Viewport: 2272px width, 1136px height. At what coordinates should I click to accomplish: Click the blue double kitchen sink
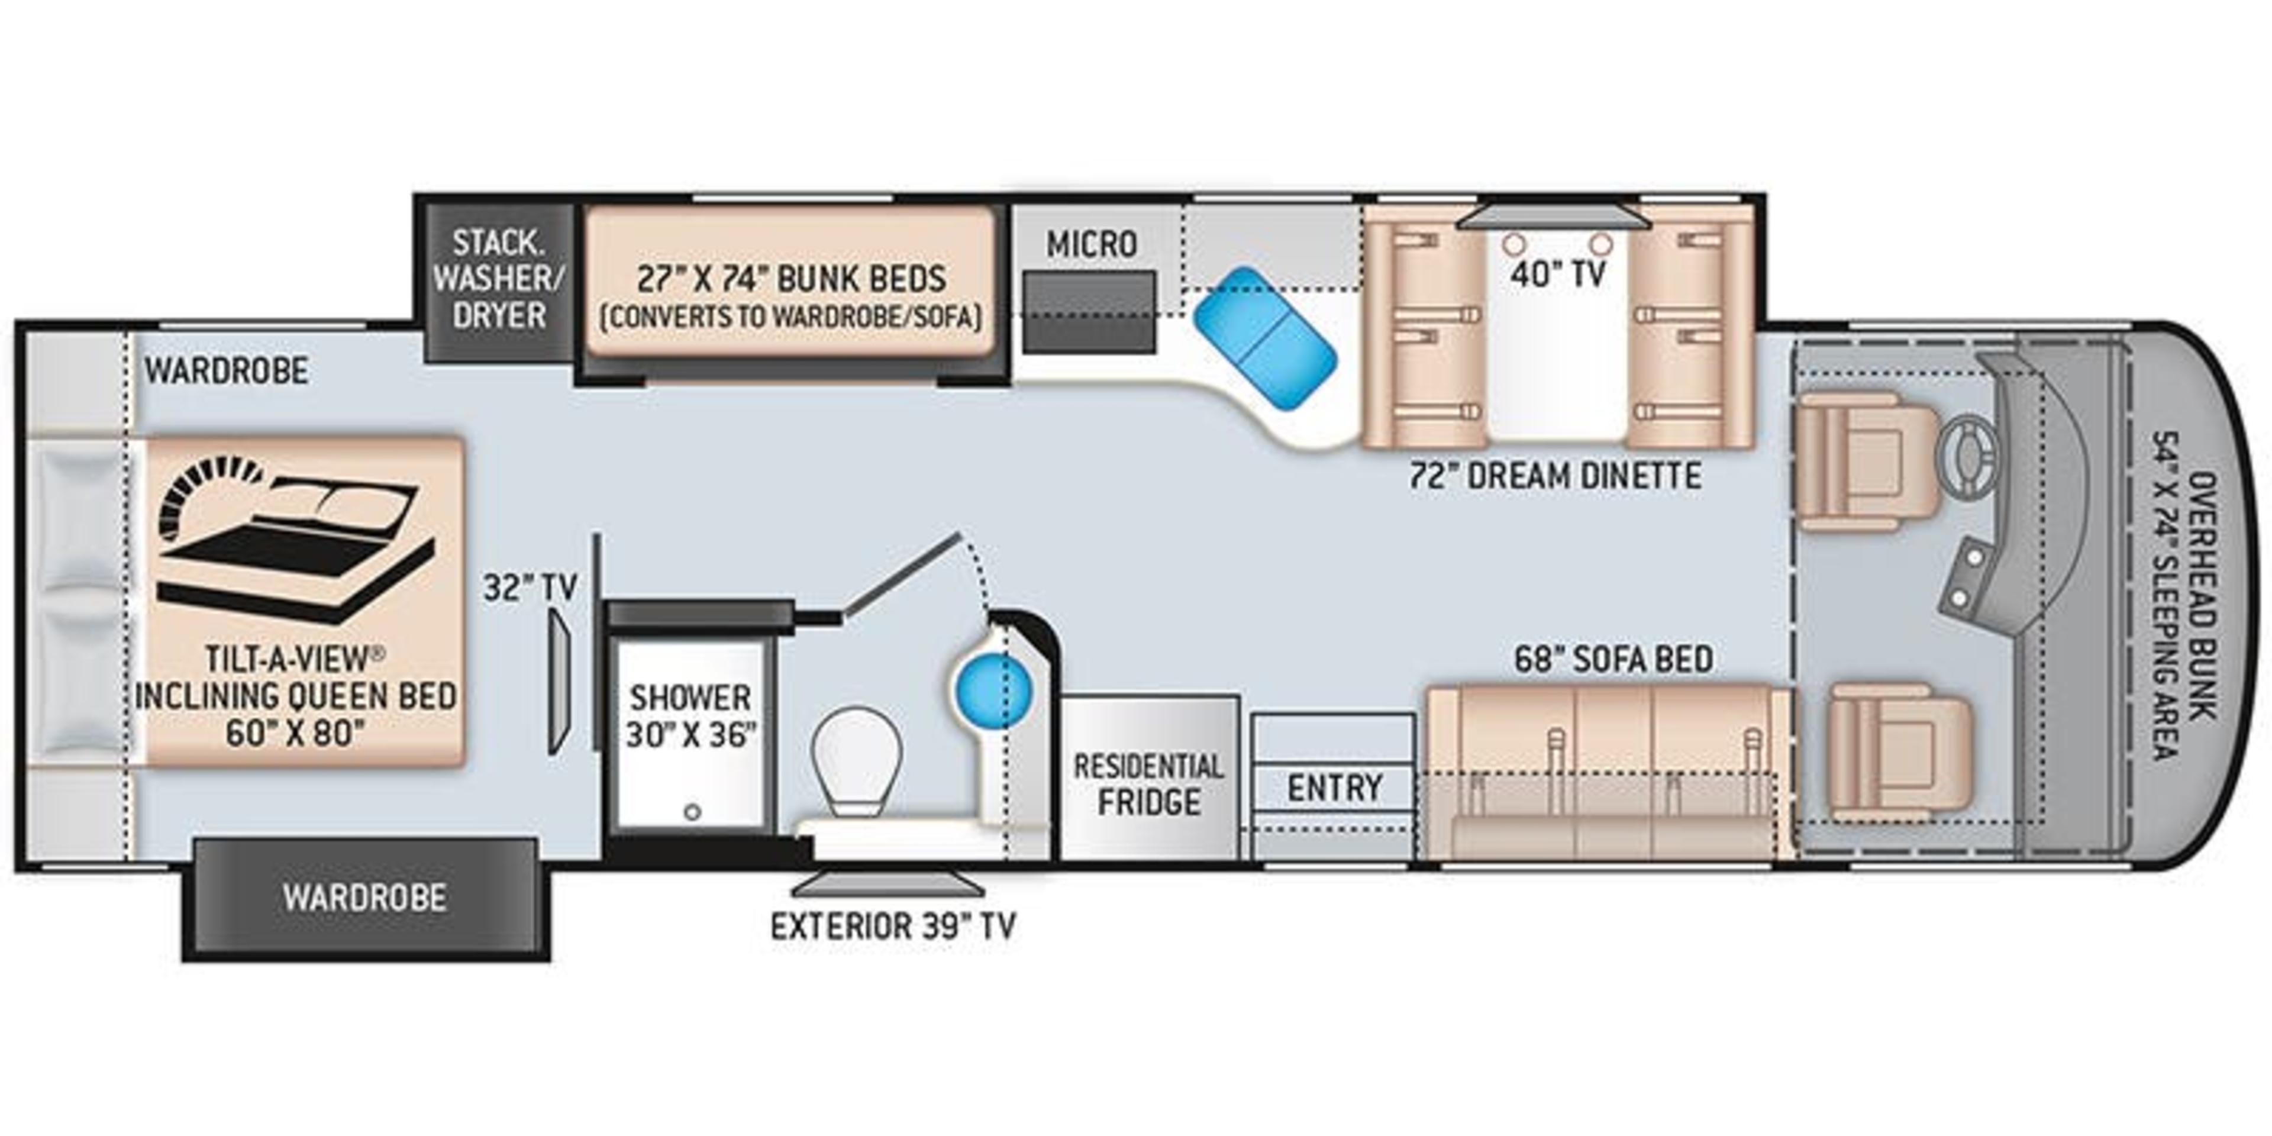click(1265, 338)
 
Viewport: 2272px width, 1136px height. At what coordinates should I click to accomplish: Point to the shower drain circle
click(692, 811)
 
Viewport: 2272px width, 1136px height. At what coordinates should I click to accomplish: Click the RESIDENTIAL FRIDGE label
click(1148, 783)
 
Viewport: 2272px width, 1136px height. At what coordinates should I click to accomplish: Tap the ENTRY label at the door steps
click(1334, 788)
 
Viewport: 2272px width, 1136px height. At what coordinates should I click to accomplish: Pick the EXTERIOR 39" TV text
click(893, 926)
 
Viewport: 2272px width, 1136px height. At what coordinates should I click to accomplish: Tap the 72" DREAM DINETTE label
click(1555, 476)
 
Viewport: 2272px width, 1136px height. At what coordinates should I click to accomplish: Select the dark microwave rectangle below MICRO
click(1089, 311)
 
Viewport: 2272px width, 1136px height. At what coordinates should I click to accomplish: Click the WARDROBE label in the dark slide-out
click(364, 898)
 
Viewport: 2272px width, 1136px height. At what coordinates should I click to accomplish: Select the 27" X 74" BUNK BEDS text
click(791, 279)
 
